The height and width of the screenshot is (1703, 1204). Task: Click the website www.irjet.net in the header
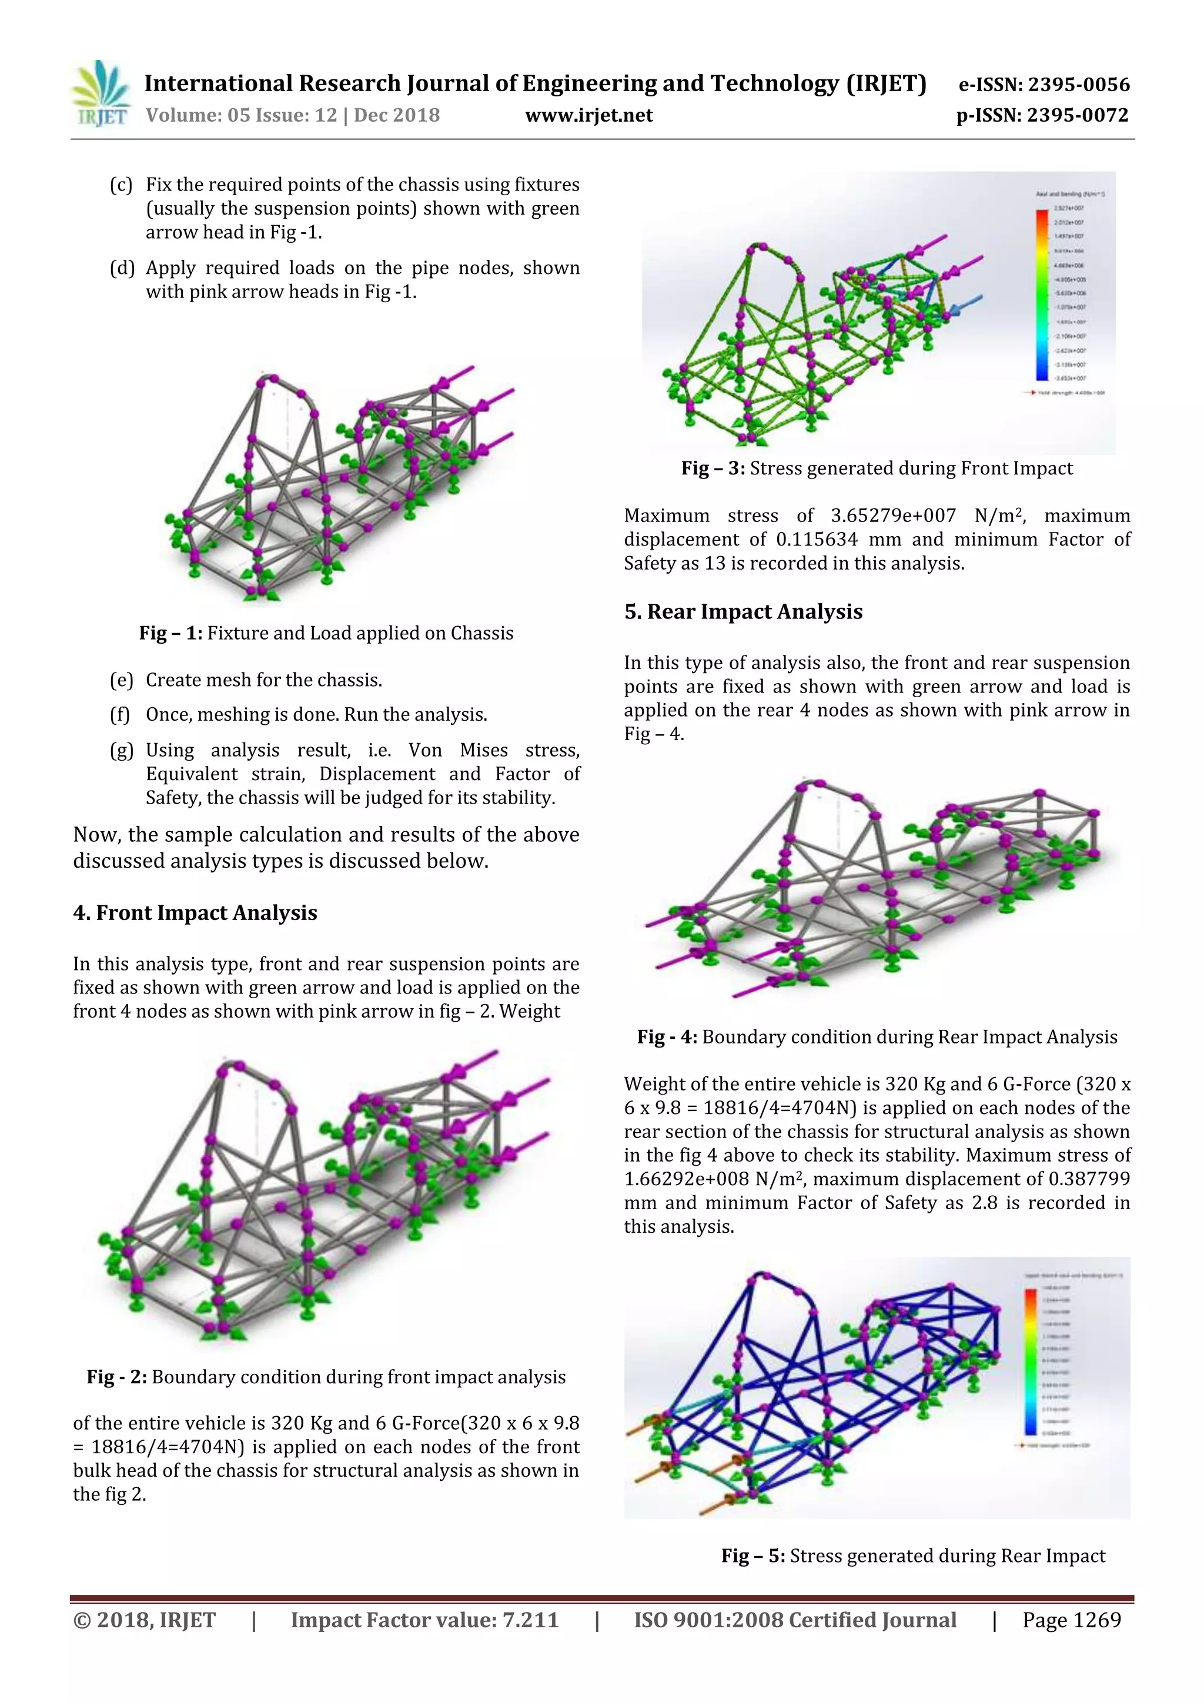coord(589,115)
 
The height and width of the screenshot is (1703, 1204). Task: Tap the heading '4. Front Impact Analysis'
coord(195,912)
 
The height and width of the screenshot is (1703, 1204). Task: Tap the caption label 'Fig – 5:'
coord(753,1555)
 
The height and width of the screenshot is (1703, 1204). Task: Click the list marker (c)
coord(121,184)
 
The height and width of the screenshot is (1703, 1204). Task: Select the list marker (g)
coord(121,750)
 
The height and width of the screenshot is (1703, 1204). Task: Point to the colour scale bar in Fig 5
coord(1031,1362)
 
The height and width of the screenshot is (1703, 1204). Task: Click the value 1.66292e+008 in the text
coord(686,1179)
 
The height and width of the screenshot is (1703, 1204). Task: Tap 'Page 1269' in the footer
coord(1071,1620)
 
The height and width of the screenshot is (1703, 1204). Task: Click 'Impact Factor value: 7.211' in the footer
coord(424,1620)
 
